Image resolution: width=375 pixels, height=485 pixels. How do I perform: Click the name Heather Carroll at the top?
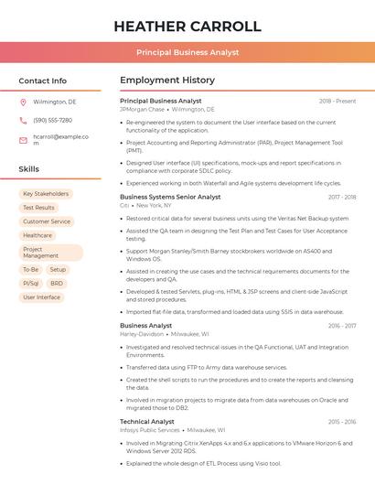187,27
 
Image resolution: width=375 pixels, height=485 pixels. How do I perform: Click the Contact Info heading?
42,81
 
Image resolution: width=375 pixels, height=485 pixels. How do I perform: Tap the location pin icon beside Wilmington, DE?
23,102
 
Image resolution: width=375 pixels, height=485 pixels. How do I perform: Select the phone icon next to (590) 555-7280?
23,120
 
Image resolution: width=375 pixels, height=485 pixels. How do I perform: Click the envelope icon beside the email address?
23,140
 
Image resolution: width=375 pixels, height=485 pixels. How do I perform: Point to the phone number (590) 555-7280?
52,120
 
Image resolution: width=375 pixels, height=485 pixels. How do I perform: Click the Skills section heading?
29,169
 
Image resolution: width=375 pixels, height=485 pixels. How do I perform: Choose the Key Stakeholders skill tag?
46,194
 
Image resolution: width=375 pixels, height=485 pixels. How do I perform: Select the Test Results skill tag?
38,208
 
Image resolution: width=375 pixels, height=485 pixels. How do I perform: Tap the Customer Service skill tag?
47,221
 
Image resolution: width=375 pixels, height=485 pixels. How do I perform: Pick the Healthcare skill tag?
37,235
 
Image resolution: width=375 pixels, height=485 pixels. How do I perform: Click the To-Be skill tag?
31,270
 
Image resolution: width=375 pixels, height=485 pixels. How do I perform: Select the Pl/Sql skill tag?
31,284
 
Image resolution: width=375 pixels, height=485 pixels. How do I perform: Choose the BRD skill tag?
57,284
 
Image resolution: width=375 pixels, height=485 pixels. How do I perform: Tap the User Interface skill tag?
41,297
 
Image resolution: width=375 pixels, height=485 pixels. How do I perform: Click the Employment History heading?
166,81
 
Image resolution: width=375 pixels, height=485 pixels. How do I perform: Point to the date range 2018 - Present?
337,101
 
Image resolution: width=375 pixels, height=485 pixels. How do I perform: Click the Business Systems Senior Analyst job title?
170,197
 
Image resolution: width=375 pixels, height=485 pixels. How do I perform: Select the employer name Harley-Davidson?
142,335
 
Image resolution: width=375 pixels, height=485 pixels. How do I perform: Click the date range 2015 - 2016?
341,422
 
